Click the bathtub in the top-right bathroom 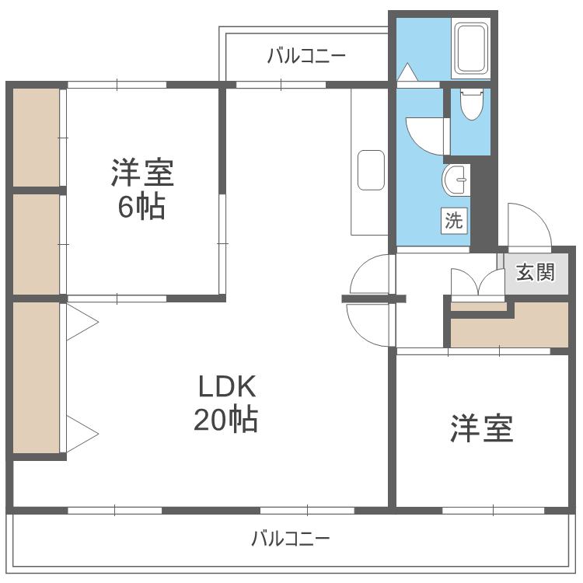pyautogui.click(x=470, y=48)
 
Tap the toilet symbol pyautogui.click(x=470, y=104)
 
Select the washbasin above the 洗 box pyautogui.click(x=456, y=181)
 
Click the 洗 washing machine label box pyautogui.click(x=454, y=220)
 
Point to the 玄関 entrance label pyautogui.click(x=536, y=273)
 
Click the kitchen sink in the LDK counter pyautogui.click(x=371, y=169)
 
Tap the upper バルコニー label pyautogui.click(x=305, y=56)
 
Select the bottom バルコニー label pyautogui.click(x=291, y=539)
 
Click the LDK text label pyautogui.click(x=226, y=386)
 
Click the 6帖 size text pyautogui.click(x=141, y=207)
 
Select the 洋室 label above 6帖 pyautogui.click(x=142, y=173)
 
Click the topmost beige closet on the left pyautogui.click(x=36, y=137)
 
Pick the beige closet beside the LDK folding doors pyautogui.click(x=36, y=378)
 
